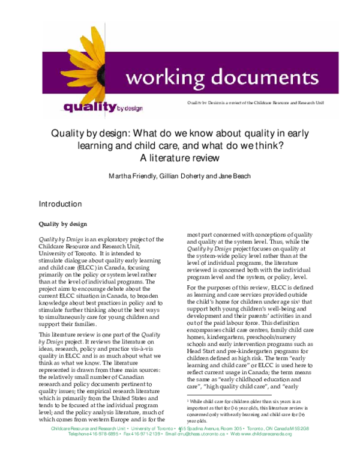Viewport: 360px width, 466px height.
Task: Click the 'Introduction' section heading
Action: click(60, 204)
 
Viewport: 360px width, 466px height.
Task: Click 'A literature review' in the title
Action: click(179, 159)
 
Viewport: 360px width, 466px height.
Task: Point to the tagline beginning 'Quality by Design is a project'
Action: click(256, 103)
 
